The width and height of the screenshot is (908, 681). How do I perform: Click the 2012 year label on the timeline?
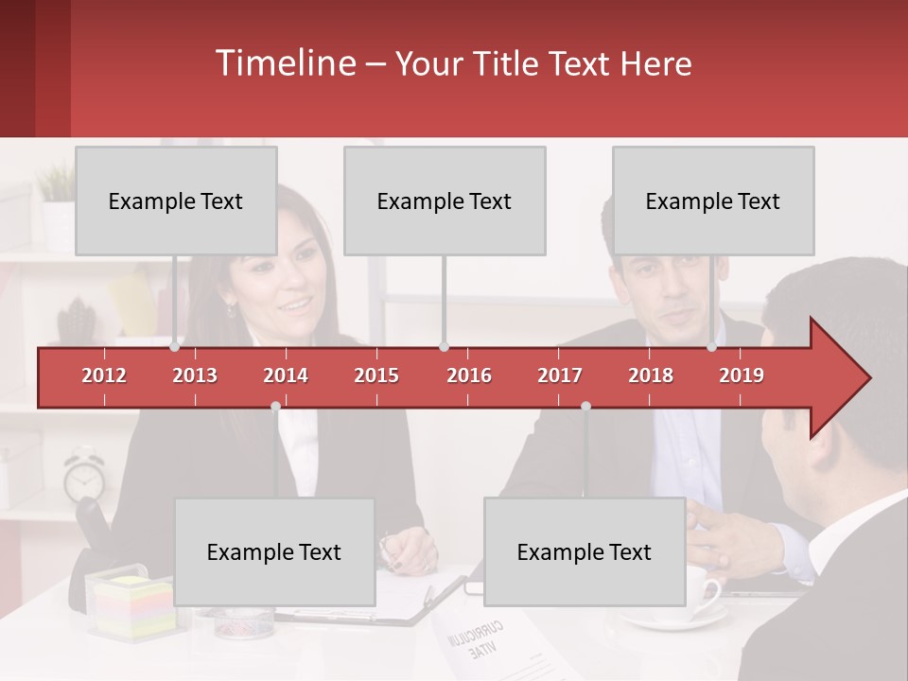tap(104, 375)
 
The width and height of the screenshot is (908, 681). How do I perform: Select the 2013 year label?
tap(195, 375)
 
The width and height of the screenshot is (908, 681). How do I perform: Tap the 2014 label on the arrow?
tap(286, 375)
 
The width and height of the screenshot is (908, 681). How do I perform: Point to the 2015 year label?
tap(376, 375)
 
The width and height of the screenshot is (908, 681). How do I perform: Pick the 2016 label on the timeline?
tap(469, 375)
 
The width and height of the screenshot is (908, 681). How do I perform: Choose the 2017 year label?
tap(560, 375)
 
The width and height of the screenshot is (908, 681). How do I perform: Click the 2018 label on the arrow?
tap(651, 375)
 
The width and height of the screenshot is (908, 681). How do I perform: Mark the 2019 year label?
tap(742, 375)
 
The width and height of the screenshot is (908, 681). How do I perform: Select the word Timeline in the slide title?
tap(285, 63)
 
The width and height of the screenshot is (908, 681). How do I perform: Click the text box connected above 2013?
tap(176, 201)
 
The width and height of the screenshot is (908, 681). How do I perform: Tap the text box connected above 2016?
tap(445, 201)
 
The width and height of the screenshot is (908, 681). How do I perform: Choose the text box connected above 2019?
tap(713, 201)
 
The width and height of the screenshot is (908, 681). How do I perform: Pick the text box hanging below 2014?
tap(274, 551)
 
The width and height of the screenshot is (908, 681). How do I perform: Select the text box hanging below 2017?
tap(585, 551)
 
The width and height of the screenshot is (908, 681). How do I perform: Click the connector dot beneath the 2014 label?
tap(275, 406)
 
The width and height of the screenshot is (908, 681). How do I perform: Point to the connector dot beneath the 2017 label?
tap(585, 406)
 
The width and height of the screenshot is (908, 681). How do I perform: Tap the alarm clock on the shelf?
tap(84, 476)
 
